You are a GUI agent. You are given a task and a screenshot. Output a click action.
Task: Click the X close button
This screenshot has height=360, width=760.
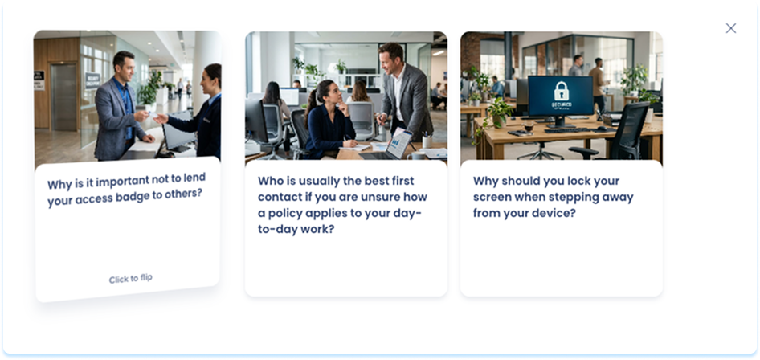pos(730,28)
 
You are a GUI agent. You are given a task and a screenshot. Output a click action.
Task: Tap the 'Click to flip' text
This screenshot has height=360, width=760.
pos(130,279)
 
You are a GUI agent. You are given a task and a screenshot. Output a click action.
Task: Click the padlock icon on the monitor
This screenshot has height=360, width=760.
pos(561,91)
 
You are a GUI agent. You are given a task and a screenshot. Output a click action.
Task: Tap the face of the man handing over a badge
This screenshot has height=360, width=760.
pos(124,67)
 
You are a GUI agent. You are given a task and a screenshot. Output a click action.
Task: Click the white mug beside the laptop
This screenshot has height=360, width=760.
pos(416,156)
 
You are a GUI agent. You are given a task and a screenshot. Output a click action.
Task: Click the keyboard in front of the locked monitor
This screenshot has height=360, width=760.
pos(567,129)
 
